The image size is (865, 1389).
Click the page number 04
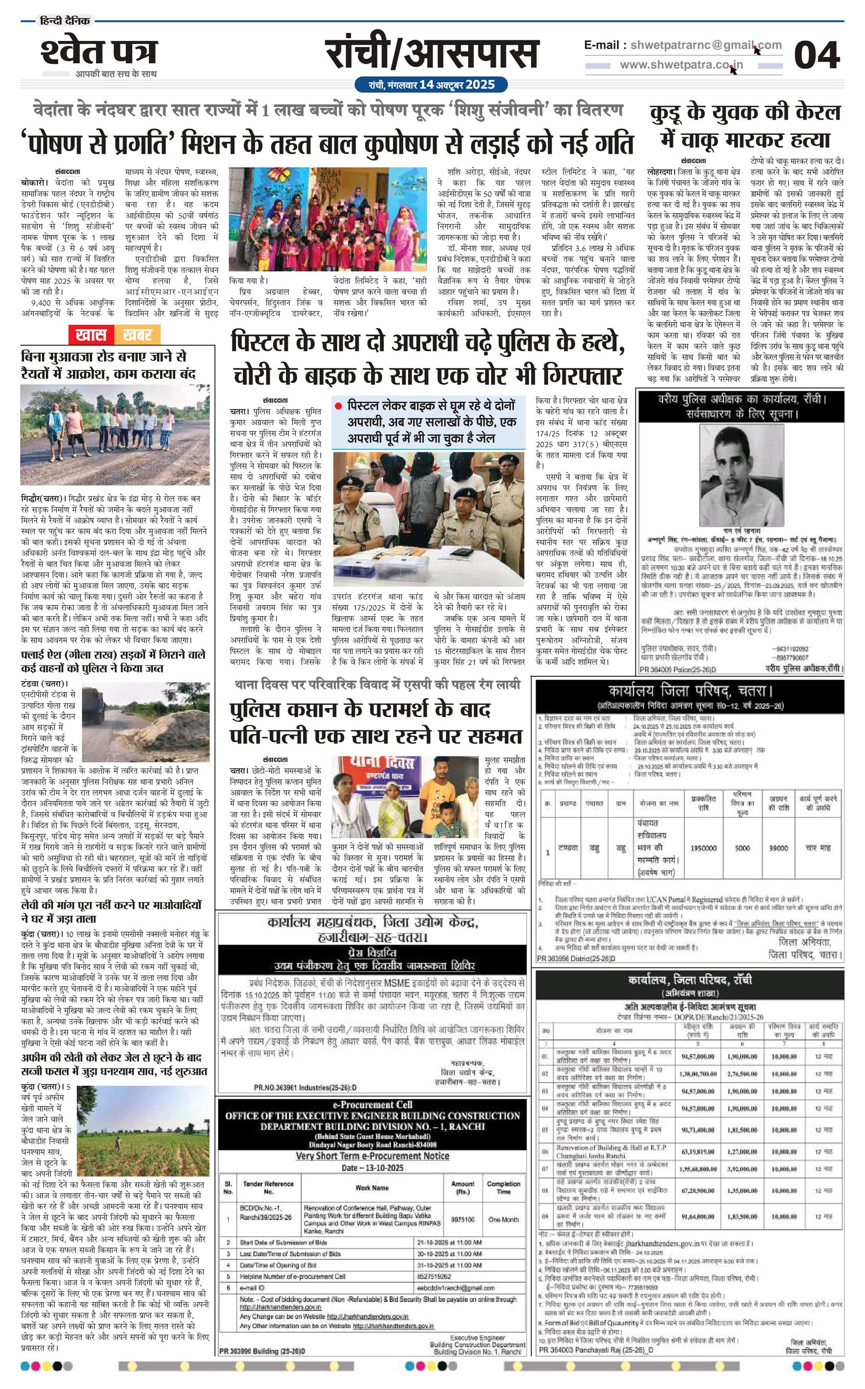[x=816, y=56]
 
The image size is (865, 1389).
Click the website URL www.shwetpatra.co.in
[x=681, y=65]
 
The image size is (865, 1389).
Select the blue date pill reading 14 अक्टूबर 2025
[x=432, y=85]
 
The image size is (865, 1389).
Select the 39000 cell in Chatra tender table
[x=778, y=848]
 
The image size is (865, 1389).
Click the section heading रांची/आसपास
[x=432, y=54]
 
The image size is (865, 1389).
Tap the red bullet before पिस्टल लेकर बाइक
[x=338, y=406]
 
